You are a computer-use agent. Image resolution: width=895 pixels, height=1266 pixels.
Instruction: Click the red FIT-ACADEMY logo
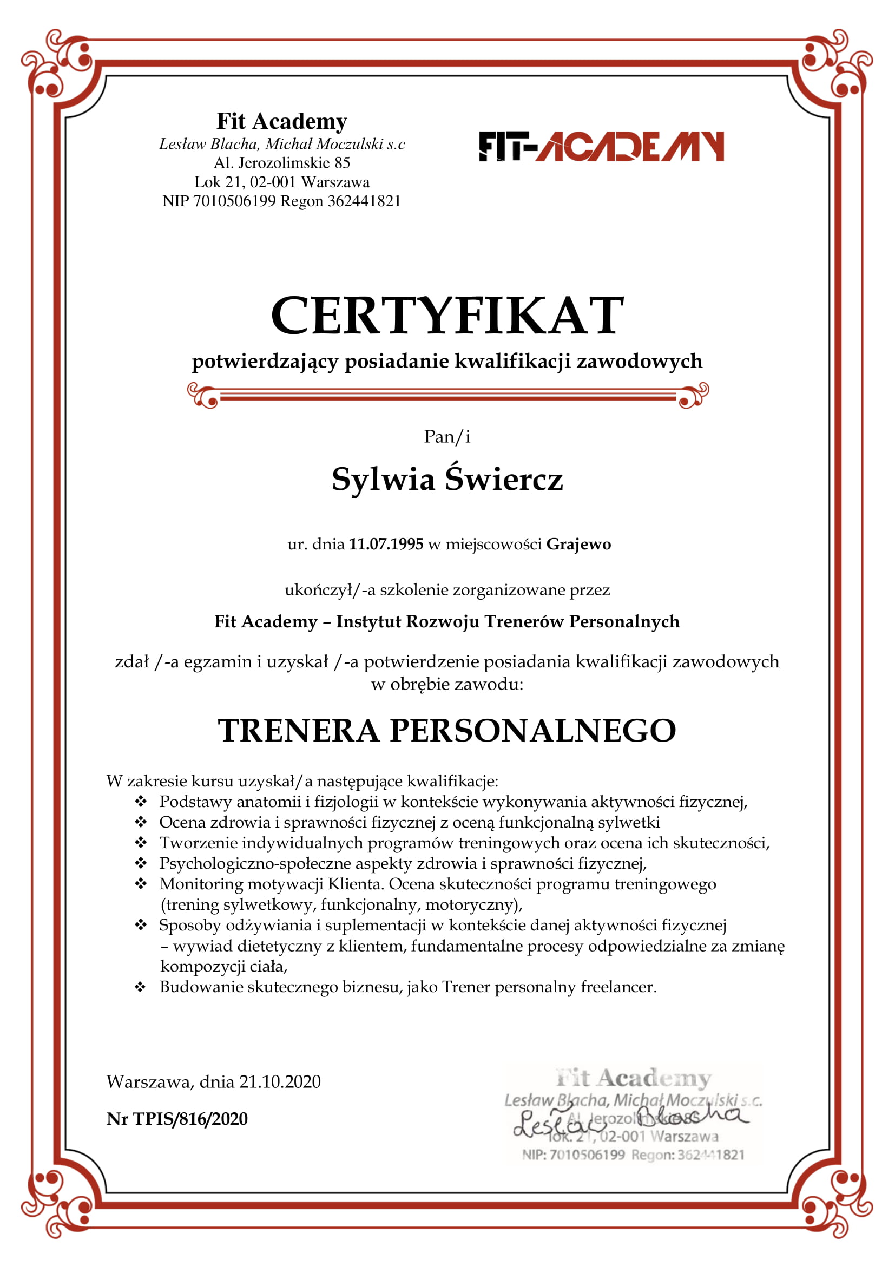[x=601, y=146]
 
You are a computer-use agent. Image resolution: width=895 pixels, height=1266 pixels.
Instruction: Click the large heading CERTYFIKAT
[x=447, y=316]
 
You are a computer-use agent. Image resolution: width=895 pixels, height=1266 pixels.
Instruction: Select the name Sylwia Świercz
[x=447, y=478]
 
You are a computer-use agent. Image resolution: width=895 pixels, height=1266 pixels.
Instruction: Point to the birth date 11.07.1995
[x=386, y=544]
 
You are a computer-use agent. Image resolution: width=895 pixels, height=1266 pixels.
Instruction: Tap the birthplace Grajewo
[x=578, y=544]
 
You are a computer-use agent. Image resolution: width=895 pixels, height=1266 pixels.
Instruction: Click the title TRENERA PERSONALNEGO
[x=447, y=731]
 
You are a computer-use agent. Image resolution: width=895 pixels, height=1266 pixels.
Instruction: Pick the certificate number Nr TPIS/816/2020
[x=177, y=1119]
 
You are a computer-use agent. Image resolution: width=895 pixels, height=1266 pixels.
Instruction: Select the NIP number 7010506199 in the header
[x=234, y=201]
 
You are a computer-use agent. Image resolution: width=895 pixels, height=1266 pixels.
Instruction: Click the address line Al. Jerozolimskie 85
[x=281, y=163]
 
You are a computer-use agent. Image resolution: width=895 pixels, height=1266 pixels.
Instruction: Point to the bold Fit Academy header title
[x=281, y=121]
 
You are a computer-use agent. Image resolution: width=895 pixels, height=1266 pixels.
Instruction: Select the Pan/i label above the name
[x=447, y=437]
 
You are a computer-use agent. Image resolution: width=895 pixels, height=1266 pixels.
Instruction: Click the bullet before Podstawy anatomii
[x=141, y=801]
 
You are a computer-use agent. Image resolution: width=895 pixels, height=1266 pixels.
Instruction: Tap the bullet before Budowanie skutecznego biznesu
[x=141, y=987]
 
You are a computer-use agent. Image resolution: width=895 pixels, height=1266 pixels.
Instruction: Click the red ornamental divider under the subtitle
[x=447, y=395]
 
